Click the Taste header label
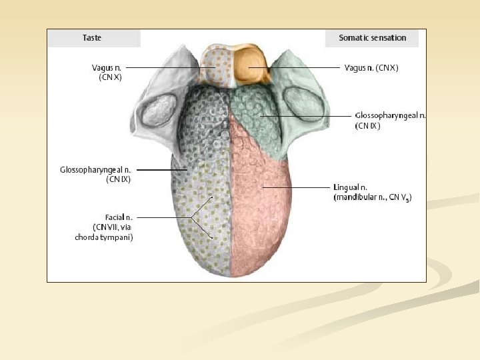click(92, 38)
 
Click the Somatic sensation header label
click(372, 38)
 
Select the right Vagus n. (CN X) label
click(371, 67)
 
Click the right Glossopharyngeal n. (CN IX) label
click(390, 120)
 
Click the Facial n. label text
click(119, 217)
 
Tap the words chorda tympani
click(104, 237)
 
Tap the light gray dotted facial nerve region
click(200, 227)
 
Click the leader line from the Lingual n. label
click(293, 188)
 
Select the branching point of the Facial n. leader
click(191, 218)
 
